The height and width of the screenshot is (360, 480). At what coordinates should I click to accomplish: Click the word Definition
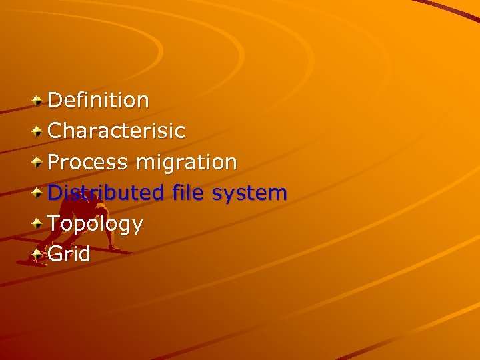click(x=99, y=101)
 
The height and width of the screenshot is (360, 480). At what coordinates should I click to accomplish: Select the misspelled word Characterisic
click(x=117, y=131)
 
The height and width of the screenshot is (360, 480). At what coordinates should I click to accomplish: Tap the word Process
click(x=88, y=162)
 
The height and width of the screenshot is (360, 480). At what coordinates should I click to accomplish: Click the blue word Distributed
click(x=106, y=193)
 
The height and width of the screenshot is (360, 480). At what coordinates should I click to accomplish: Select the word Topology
click(x=95, y=225)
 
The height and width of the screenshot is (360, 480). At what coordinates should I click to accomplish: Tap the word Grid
click(x=69, y=254)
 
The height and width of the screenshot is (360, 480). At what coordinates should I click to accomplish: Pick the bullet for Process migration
click(x=38, y=163)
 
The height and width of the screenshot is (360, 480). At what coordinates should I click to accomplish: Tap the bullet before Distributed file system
click(x=38, y=193)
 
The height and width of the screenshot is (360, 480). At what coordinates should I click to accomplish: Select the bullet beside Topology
click(x=38, y=224)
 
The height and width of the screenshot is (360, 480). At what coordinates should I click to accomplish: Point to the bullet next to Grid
click(x=38, y=255)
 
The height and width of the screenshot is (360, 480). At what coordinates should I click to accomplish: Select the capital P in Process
click(x=55, y=162)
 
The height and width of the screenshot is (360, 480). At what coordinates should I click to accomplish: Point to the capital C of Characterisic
click(x=56, y=131)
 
